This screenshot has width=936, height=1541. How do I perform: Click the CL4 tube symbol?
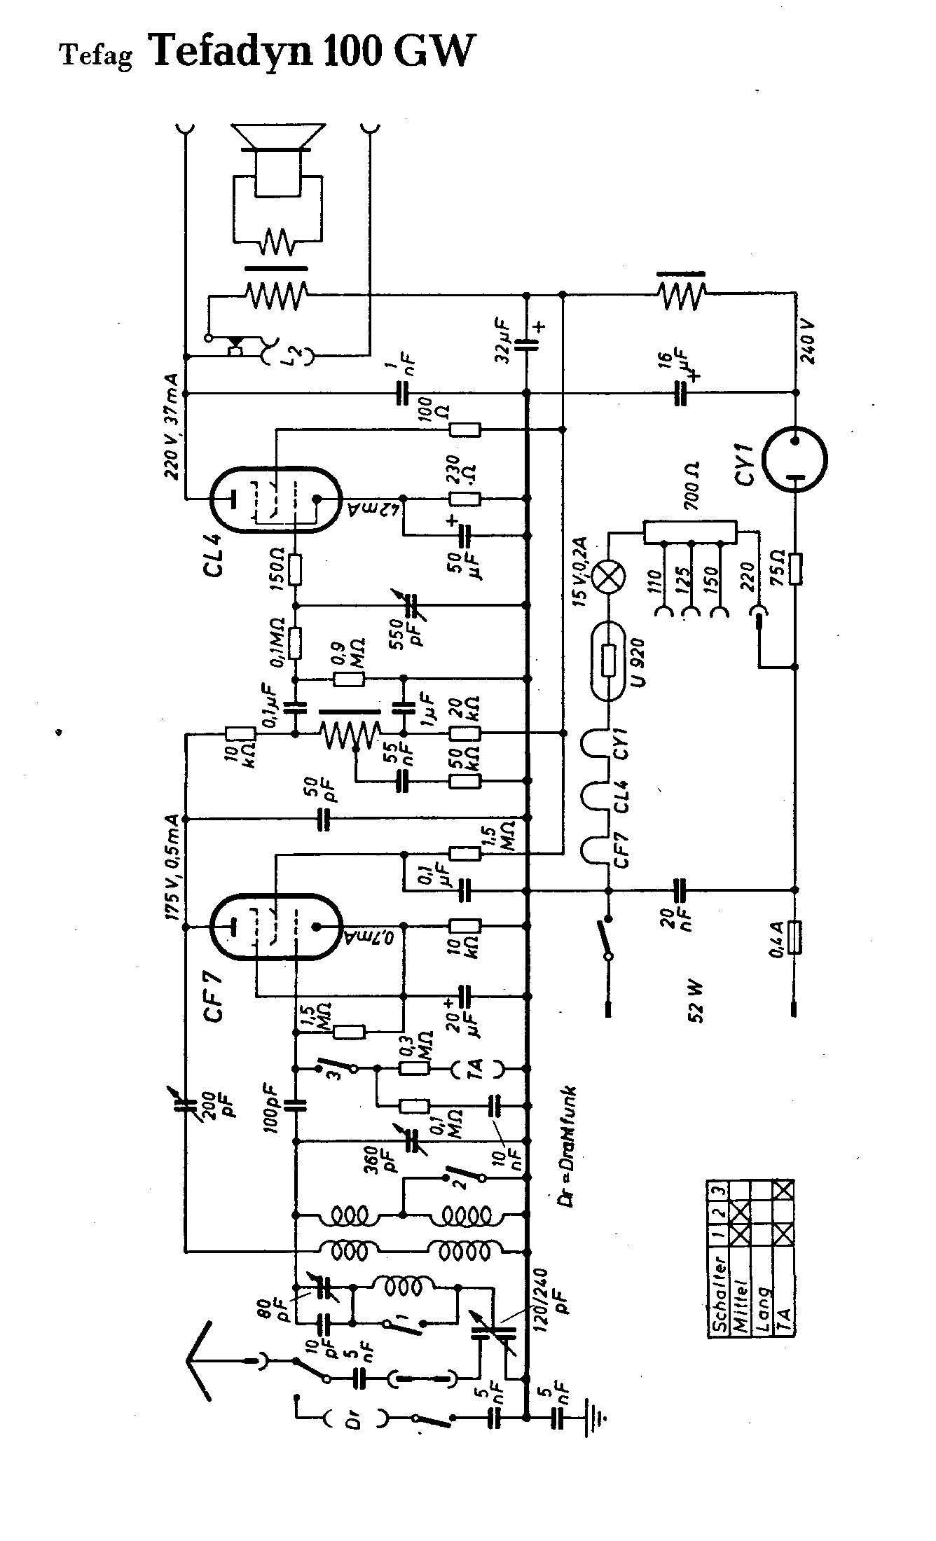275,499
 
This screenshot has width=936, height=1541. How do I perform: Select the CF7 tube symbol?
275,926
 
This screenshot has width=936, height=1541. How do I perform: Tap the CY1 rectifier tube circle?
794,460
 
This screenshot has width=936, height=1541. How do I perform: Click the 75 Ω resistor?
794,568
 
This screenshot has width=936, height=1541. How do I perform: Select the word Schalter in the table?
717,1304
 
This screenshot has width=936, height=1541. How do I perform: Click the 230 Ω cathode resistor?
465,499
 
